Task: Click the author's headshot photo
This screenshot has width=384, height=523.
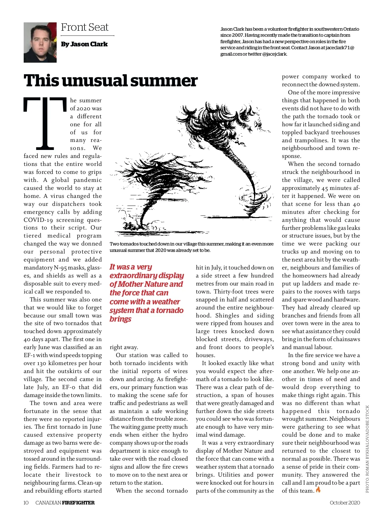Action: [x=40, y=43]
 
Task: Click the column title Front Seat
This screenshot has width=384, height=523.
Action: [x=85, y=27]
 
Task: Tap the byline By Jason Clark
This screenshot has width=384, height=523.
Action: [x=84, y=44]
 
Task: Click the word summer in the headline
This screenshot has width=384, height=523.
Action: [x=164, y=81]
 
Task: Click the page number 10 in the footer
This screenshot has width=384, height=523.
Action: [x=26, y=503]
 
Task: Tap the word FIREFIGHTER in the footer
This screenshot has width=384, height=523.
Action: [x=78, y=503]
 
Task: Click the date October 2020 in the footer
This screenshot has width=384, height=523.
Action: [x=345, y=503]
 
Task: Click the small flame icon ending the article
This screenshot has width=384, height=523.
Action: [x=318, y=490]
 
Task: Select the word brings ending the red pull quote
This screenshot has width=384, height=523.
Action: [x=120, y=319]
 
